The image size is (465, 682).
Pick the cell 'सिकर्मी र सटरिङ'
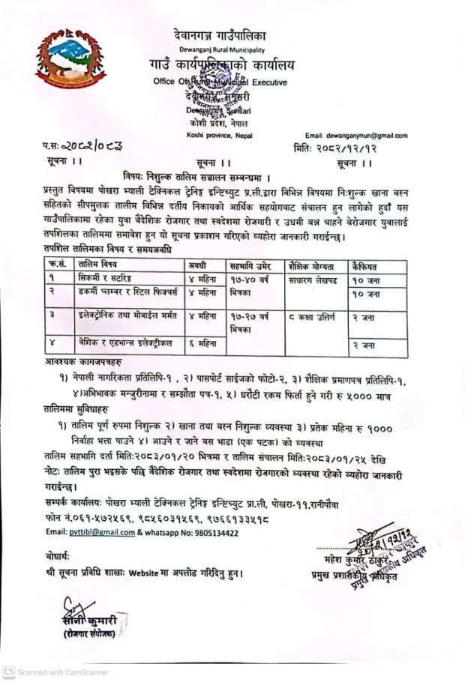(x=104, y=279)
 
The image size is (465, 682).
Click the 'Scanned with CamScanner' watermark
(x=56, y=672)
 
